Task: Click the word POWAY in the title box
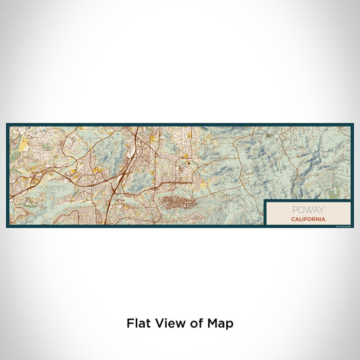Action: (308, 210)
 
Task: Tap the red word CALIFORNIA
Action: (308, 219)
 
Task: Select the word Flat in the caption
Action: (137, 323)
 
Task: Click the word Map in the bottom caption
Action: (221, 323)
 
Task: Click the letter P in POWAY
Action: (295, 210)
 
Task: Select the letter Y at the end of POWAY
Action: (322, 210)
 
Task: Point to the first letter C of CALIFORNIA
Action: (293, 219)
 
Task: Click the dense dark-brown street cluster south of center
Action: (177, 202)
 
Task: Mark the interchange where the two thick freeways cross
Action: (122, 177)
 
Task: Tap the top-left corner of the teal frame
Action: (7, 124)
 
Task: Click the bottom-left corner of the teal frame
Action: (7, 226)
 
